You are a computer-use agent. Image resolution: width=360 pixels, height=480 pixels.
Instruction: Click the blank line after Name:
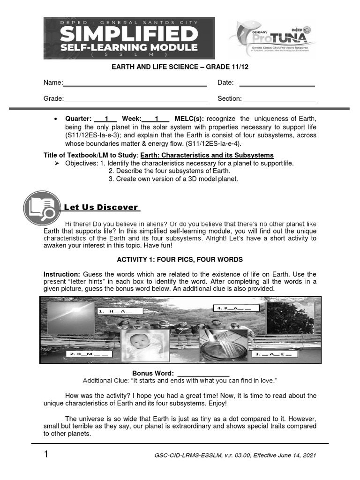tap(135, 83)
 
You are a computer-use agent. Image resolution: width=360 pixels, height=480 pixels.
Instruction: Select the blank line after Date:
tap(277, 83)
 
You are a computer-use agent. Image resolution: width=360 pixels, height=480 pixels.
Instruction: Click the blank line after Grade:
tap(135, 99)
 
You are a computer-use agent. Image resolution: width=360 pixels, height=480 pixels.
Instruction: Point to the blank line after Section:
tap(279, 99)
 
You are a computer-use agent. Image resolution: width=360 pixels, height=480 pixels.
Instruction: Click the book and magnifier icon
tap(42, 208)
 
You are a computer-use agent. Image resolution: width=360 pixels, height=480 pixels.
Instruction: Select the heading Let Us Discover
tap(101, 207)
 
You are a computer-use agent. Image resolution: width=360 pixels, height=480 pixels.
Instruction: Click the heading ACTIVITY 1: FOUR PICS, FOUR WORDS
tap(180, 259)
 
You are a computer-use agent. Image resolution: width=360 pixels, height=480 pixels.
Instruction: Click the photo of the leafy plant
tap(290, 318)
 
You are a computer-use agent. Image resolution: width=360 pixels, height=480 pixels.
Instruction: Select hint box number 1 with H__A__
tap(120, 311)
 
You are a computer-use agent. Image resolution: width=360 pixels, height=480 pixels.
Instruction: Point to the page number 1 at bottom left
tap(45, 454)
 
